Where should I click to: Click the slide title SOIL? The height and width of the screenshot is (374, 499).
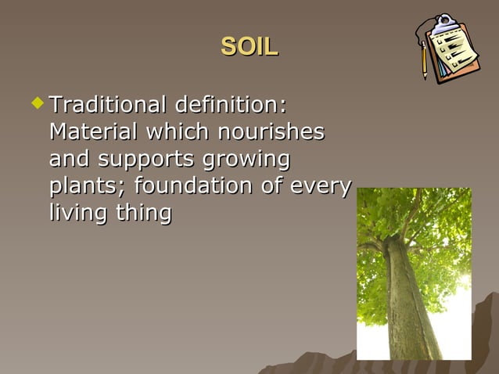[249, 47]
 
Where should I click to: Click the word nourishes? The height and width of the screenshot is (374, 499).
[267, 131]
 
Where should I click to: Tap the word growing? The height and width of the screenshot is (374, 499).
[246, 160]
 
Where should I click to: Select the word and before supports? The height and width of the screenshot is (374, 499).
[70, 160]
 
